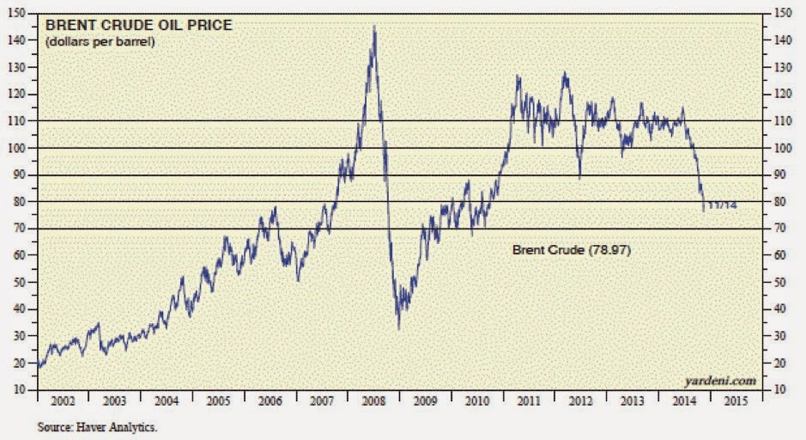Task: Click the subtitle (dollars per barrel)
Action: pyautogui.click(x=100, y=41)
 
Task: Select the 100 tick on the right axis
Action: pyautogui.click(x=781, y=148)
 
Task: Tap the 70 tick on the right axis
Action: pyautogui.click(x=779, y=229)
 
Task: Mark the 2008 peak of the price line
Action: pyautogui.click(x=373, y=27)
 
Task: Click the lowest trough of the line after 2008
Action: pyautogui.click(x=399, y=327)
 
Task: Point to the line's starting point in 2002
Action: pyautogui.click(x=39, y=367)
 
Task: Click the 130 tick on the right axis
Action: pyautogui.click(x=781, y=67)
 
